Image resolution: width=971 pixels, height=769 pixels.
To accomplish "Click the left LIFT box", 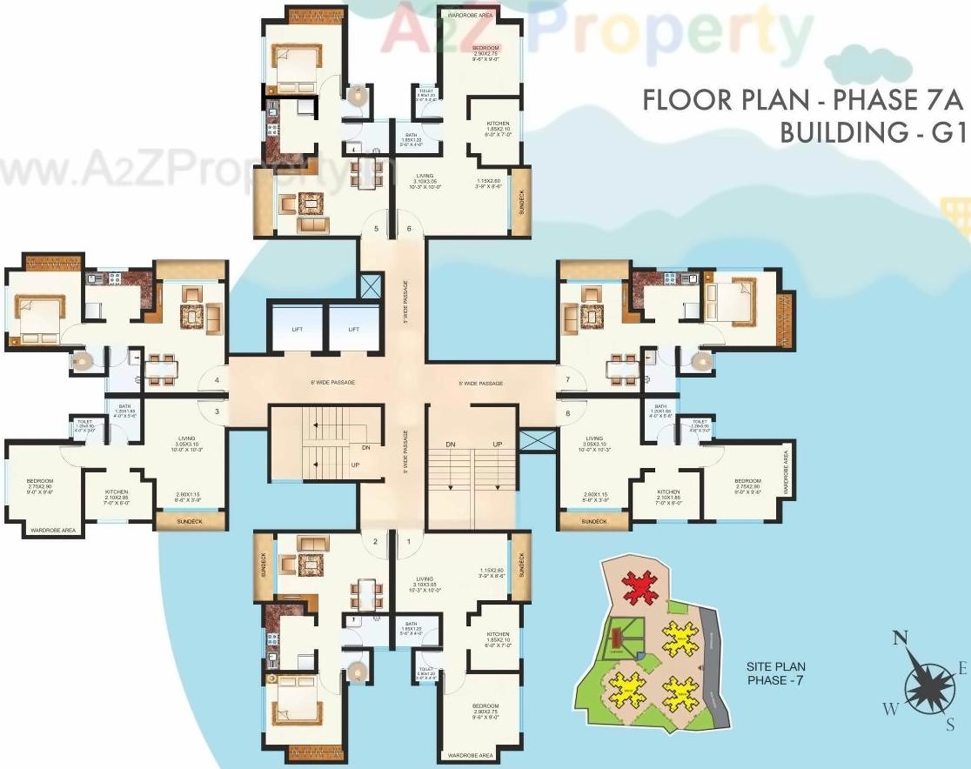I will (296, 329).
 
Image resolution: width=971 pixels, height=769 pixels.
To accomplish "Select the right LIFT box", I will (354, 329).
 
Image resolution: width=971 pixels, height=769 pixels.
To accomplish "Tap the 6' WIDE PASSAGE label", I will (331, 382).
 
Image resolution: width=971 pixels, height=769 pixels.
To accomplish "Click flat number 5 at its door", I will (376, 229).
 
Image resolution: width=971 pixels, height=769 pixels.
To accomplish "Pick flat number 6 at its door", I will (409, 229).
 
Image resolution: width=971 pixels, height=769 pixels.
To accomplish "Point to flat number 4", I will (216, 380).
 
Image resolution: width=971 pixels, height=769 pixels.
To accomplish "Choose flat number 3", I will (217, 411).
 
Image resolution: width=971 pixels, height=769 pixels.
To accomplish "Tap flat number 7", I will (567, 380).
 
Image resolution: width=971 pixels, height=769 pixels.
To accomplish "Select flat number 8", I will (567, 413).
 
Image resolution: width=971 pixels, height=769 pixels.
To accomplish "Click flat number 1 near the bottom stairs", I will (408, 542).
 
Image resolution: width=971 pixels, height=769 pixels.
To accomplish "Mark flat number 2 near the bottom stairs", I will (375, 542).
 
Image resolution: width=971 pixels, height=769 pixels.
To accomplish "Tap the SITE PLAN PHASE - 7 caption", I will (774, 673).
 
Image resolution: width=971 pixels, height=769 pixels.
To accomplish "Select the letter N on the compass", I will (900, 639).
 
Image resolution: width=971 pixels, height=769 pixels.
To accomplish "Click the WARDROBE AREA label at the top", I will (472, 15).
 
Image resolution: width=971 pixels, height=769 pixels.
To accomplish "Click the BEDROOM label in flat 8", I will (747, 481).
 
